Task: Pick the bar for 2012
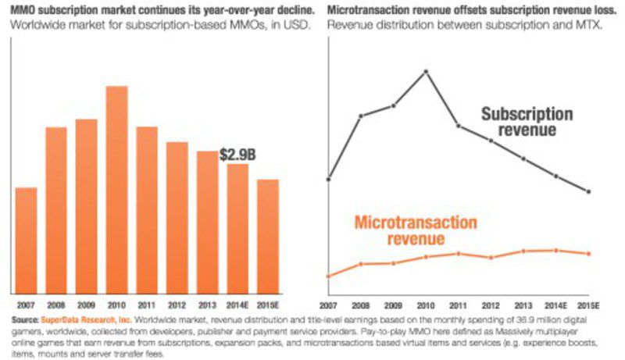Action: [x=177, y=217]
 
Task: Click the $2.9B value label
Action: [x=237, y=155]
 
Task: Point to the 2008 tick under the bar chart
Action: [x=56, y=304]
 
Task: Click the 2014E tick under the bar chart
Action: [x=238, y=304]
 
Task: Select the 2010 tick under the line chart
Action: [x=426, y=304]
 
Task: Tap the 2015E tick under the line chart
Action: [x=588, y=304]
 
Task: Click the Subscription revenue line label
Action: [x=527, y=122]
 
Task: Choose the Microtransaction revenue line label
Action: [x=415, y=230]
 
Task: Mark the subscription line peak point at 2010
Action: [x=426, y=71]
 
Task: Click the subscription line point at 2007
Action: [x=328, y=179]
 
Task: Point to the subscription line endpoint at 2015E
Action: [x=588, y=191]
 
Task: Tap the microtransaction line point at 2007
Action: [x=328, y=276]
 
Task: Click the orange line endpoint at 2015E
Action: [x=588, y=253]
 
